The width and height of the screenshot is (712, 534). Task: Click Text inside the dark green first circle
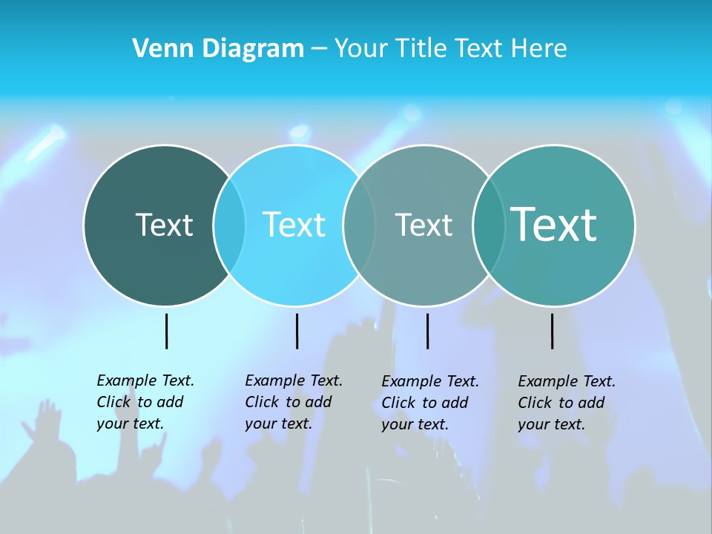[x=164, y=225]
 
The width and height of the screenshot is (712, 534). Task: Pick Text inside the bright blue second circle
[x=294, y=225]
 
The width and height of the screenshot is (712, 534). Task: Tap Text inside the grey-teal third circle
[x=423, y=225]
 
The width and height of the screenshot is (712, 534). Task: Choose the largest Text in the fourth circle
[x=553, y=225]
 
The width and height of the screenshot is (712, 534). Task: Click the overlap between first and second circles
[x=229, y=225]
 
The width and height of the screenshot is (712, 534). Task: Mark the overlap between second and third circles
[x=359, y=225]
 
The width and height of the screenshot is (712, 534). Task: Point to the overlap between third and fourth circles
[x=488, y=225]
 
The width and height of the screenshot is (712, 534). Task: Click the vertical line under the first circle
[x=166, y=331]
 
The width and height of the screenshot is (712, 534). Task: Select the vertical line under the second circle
[x=297, y=331]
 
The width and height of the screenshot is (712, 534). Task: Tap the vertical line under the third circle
[x=427, y=331]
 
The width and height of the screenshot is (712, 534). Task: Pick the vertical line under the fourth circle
[x=552, y=331]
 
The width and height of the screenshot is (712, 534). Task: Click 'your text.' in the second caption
[x=278, y=423]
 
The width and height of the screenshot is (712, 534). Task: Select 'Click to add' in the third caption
[x=425, y=403]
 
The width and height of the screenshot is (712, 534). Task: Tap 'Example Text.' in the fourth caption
[x=567, y=381]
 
